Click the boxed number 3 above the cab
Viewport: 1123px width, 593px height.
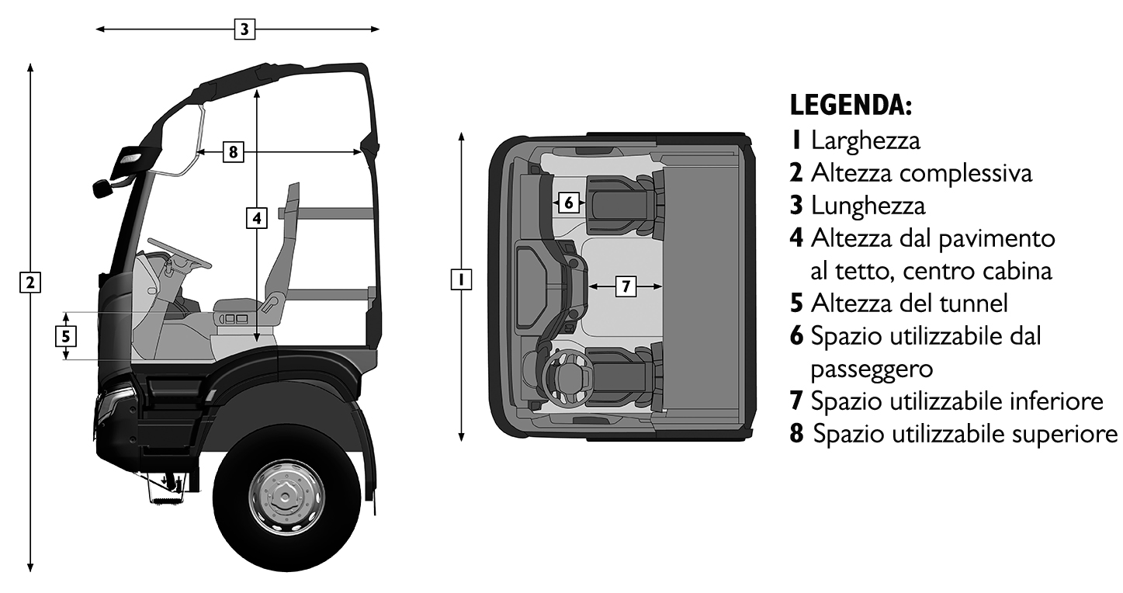tap(244, 29)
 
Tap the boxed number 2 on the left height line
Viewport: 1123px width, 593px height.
tap(30, 283)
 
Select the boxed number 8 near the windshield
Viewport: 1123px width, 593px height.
tap(233, 151)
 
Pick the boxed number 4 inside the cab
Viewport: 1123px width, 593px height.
tap(257, 218)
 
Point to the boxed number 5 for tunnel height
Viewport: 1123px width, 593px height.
tap(66, 336)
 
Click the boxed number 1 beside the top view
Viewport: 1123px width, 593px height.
tap(461, 279)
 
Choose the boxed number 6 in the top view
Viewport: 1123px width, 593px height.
tap(569, 203)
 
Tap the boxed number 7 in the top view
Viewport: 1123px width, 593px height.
tap(626, 286)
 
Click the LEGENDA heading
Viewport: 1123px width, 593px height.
tap(851, 106)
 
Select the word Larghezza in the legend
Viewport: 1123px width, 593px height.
tap(866, 140)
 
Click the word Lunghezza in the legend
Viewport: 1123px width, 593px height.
tap(868, 206)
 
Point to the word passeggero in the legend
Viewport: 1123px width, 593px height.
tap(872, 369)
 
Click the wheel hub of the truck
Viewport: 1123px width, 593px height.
tap(286, 496)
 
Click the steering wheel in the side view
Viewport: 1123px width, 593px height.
tap(179, 252)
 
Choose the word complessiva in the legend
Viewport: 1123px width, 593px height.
tap(966, 173)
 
